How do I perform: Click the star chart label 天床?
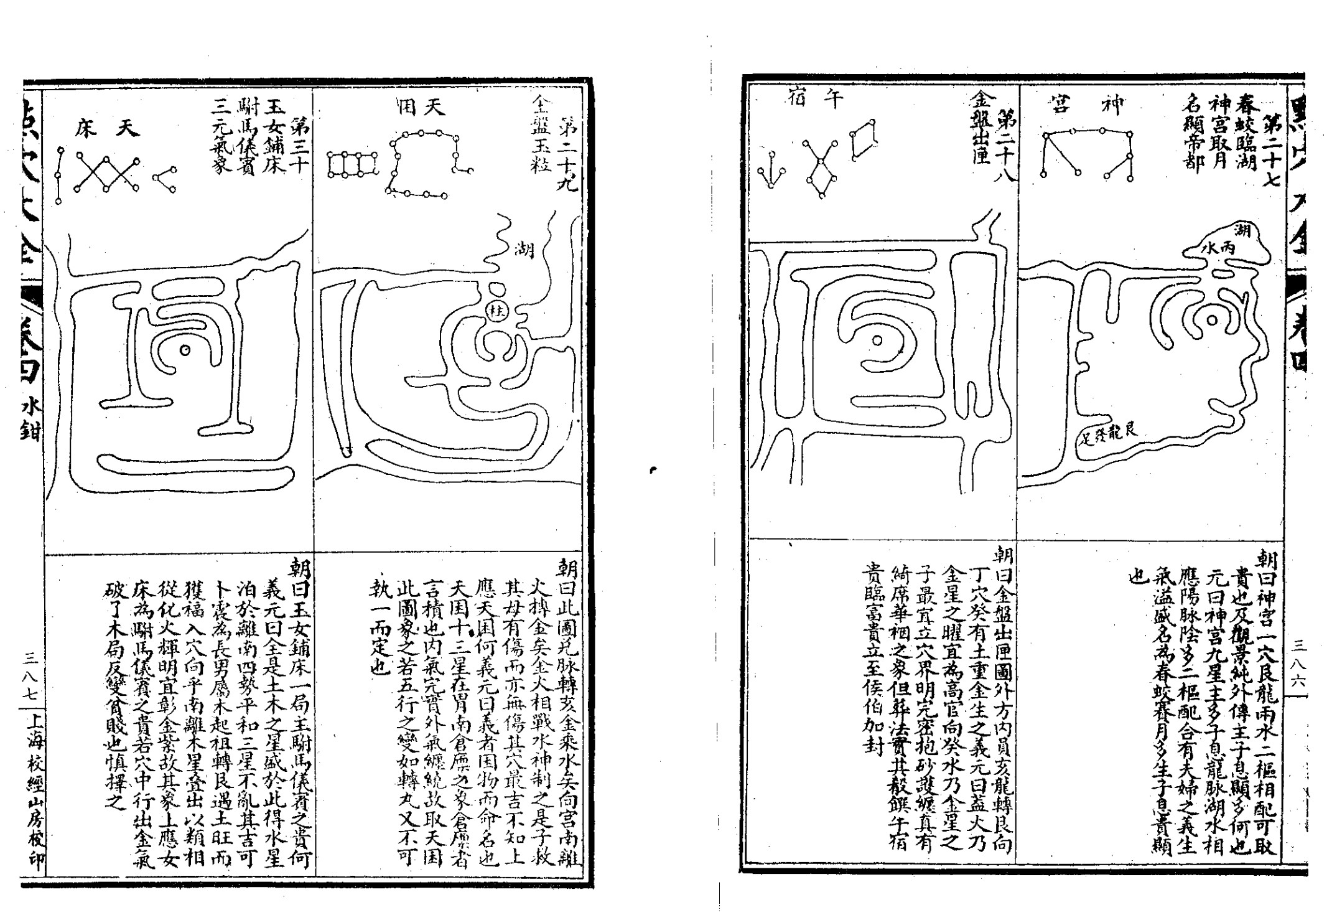pos(108,128)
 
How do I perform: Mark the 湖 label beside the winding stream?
pos(524,250)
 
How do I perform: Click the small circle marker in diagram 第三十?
pos(184,350)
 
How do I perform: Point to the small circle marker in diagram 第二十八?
pos(877,340)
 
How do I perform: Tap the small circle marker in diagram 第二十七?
pos(1212,321)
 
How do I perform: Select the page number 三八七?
pos(30,672)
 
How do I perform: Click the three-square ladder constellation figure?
pos(352,165)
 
